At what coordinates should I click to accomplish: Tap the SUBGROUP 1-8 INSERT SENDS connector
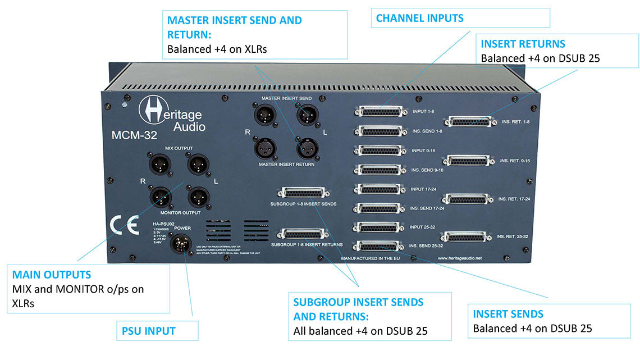coord(303,193)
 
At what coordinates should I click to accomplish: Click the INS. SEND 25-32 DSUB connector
coord(378,246)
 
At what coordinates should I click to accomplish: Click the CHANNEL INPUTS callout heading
coord(419,18)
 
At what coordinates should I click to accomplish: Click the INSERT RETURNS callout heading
coord(523,44)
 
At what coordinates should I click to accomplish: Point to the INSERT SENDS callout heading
coord(508,314)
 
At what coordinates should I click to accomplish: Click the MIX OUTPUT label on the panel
coord(179,148)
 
